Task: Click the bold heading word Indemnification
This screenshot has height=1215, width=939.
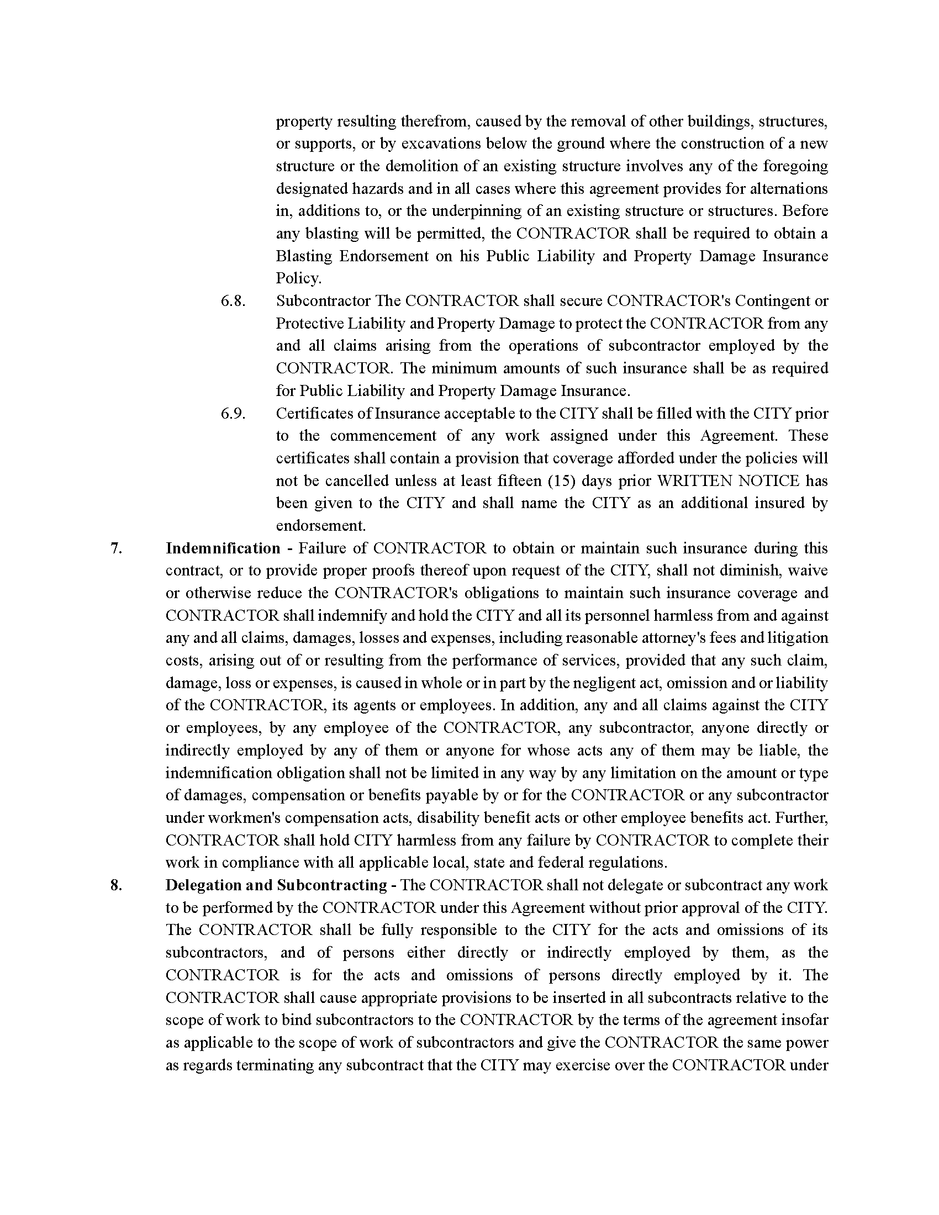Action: tap(223, 548)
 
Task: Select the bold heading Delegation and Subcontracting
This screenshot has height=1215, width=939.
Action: tap(276, 885)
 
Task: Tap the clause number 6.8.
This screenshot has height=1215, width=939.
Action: tap(233, 301)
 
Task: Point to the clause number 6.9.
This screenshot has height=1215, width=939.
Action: tap(233, 414)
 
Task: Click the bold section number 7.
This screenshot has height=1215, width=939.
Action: tap(115, 548)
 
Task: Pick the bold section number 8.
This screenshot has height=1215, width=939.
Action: tap(115, 885)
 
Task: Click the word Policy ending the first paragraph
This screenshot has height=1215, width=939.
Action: tap(298, 279)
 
